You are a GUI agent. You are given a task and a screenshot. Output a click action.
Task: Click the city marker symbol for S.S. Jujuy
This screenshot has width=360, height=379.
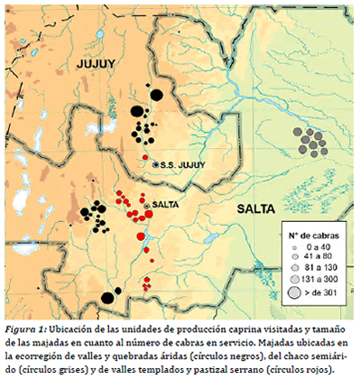pyautogui.click(x=156, y=165)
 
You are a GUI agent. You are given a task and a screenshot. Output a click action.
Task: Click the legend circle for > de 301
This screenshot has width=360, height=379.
pyautogui.click(x=294, y=293)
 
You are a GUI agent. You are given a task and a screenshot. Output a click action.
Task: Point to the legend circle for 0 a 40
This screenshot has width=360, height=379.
pyautogui.click(x=295, y=246)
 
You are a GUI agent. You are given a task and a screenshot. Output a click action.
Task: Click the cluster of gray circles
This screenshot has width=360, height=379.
pyautogui.click(x=310, y=140)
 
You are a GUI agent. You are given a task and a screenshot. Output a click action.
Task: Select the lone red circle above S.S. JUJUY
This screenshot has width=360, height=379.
pyautogui.click(x=144, y=158)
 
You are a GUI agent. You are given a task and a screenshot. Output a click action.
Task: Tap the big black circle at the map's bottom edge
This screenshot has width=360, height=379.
pyautogui.click(x=108, y=297)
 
